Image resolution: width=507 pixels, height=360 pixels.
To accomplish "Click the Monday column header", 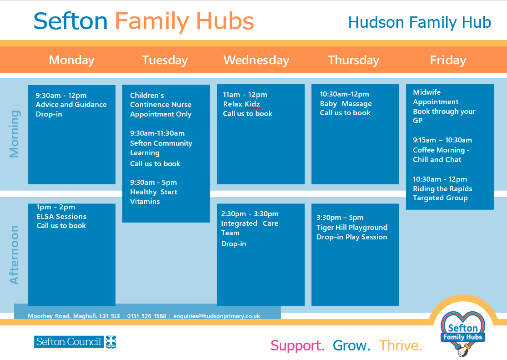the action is pyautogui.click(x=71, y=60).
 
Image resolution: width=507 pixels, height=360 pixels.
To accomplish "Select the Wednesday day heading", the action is pyautogui.click(x=256, y=60).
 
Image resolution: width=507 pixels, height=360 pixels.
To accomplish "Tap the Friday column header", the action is pyautogui.click(x=448, y=60).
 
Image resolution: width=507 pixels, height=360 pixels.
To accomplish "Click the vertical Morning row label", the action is pyautogui.click(x=15, y=134).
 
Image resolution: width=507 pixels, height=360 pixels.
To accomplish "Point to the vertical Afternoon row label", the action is pyautogui.click(x=15, y=255).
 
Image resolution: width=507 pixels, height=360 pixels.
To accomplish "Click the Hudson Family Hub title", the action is pyautogui.click(x=420, y=23).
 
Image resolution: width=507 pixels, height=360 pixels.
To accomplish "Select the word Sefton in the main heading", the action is pyautogui.click(x=70, y=21).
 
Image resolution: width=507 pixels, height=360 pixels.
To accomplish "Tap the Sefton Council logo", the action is pyautogui.click(x=75, y=342).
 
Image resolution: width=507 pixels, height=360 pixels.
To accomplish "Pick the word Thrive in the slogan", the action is pyautogui.click(x=400, y=345).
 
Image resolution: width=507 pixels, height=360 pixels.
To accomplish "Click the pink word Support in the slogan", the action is pyautogui.click(x=297, y=346).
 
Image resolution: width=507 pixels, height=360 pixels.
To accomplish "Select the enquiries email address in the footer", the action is pyautogui.click(x=216, y=316).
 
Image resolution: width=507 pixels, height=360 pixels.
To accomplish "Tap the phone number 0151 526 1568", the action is pyautogui.click(x=146, y=316).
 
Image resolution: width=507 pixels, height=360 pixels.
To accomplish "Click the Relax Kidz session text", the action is pyautogui.click(x=241, y=104).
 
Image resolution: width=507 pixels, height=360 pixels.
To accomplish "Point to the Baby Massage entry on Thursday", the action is pyautogui.click(x=346, y=104).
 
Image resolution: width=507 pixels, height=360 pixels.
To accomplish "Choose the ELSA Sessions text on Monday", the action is pyautogui.click(x=61, y=216).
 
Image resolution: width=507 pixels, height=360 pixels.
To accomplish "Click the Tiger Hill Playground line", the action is pyautogui.click(x=352, y=227).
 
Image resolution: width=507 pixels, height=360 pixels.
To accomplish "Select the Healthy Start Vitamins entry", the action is pyautogui.click(x=154, y=197).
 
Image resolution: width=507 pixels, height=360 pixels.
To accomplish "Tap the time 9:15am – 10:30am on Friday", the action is pyautogui.click(x=442, y=140).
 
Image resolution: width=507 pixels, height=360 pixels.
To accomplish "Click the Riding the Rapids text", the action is pyautogui.click(x=442, y=189).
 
